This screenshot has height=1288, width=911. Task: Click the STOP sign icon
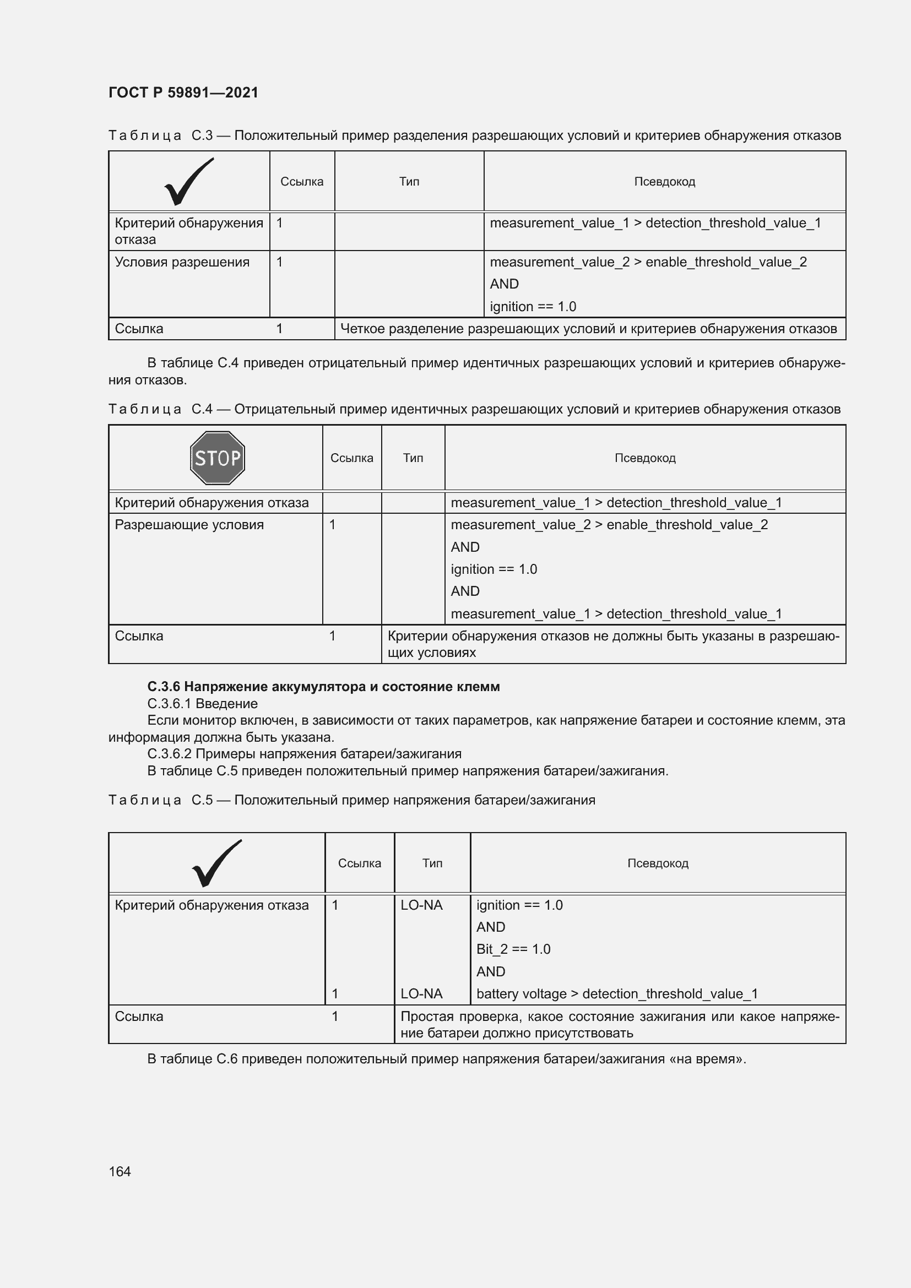pyautogui.click(x=218, y=458)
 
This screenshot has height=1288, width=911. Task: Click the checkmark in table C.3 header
pyautogui.click(x=189, y=182)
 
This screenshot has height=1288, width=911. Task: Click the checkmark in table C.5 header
pyautogui.click(x=216, y=863)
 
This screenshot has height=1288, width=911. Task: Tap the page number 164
pyautogui.click(x=120, y=1171)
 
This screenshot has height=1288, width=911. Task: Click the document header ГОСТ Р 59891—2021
pyautogui.click(x=183, y=93)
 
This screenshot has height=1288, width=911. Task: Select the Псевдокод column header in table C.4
pyautogui.click(x=644, y=458)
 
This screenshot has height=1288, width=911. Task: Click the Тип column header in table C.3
pyautogui.click(x=409, y=182)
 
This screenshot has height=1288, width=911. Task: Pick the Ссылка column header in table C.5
pyautogui.click(x=359, y=863)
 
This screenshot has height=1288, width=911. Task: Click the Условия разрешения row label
pyautogui.click(x=182, y=262)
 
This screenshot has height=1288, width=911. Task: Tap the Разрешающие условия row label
pyautogui.click(x=189, y=525)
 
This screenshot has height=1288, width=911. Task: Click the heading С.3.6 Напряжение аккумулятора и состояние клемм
pyautogui.click(x=323, y=687)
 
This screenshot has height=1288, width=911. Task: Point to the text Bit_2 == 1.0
pyautogui.click(x=513, y=949)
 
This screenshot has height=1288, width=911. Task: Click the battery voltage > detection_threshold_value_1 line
pyautogui.click(x=616, y=993)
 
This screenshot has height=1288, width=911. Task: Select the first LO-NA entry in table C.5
pyautogui.click(x=421, y=905)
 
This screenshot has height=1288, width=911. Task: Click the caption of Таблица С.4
pyautogui.click(x=474, y=409)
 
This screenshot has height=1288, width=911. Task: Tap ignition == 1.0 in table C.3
pyautogui.click(x=533, y=306)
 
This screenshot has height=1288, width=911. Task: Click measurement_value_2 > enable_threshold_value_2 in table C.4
pyautogui.click(x=609, y=525)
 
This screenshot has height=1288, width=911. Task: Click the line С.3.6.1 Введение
pyautogui.click(x=203, y=703)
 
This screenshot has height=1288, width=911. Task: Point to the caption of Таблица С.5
pyautogui.click(x=351, y=800)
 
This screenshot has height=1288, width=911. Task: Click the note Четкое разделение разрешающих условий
pyautogui.click(x=588, y=329)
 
